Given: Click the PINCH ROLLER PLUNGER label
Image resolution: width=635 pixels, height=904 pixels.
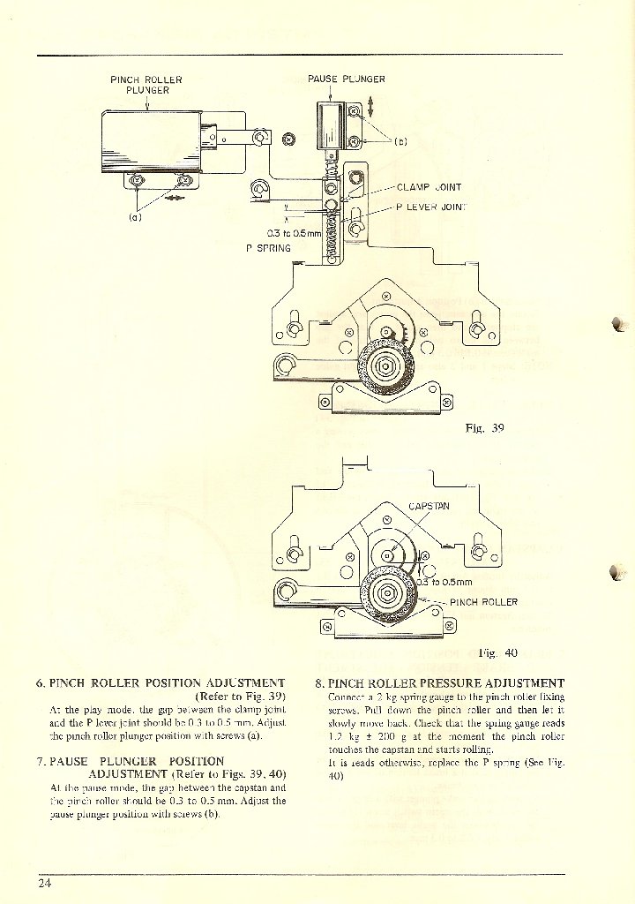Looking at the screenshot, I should click(146, 85).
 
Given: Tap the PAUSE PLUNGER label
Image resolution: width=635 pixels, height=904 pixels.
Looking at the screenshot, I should click(347, 79).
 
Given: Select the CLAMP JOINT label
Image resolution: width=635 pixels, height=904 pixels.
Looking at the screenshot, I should click(429, 187).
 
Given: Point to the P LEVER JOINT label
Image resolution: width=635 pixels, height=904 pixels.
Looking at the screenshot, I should click(431, 208).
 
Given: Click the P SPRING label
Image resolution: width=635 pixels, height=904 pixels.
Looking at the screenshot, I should click(268, 248).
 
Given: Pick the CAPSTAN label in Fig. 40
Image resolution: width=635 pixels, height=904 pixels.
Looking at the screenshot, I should click(430, 507).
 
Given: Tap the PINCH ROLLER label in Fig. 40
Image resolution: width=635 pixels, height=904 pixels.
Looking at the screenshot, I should click(483, 602).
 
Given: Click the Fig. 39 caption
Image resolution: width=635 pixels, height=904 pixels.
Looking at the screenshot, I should click(484, 428).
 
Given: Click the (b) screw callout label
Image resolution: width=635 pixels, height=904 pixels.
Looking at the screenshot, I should click(400, 140).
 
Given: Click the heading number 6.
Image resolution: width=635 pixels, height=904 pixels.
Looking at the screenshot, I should click(41, 682).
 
